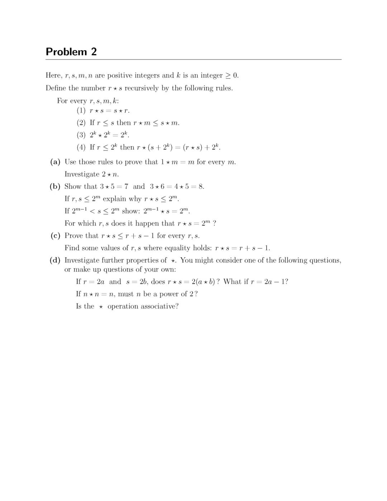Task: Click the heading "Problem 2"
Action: tap(71, 52)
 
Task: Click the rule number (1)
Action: tap(81, 110)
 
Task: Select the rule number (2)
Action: tap(81, 123)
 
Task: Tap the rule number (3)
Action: tap(81, 135)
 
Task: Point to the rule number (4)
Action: tap(81, 147)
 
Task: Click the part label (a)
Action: tap(55, 162)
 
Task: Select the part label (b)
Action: tap(55, 186)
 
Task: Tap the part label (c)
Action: tap(55, 235)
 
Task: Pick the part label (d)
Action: tap(55, 260)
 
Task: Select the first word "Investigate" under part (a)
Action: tap(82, 174)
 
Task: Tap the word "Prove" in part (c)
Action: tap(74, 235)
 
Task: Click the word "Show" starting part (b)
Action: tap(73, 186)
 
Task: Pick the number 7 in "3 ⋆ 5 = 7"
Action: tap(126, 186)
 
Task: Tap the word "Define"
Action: tap(56, 88)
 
